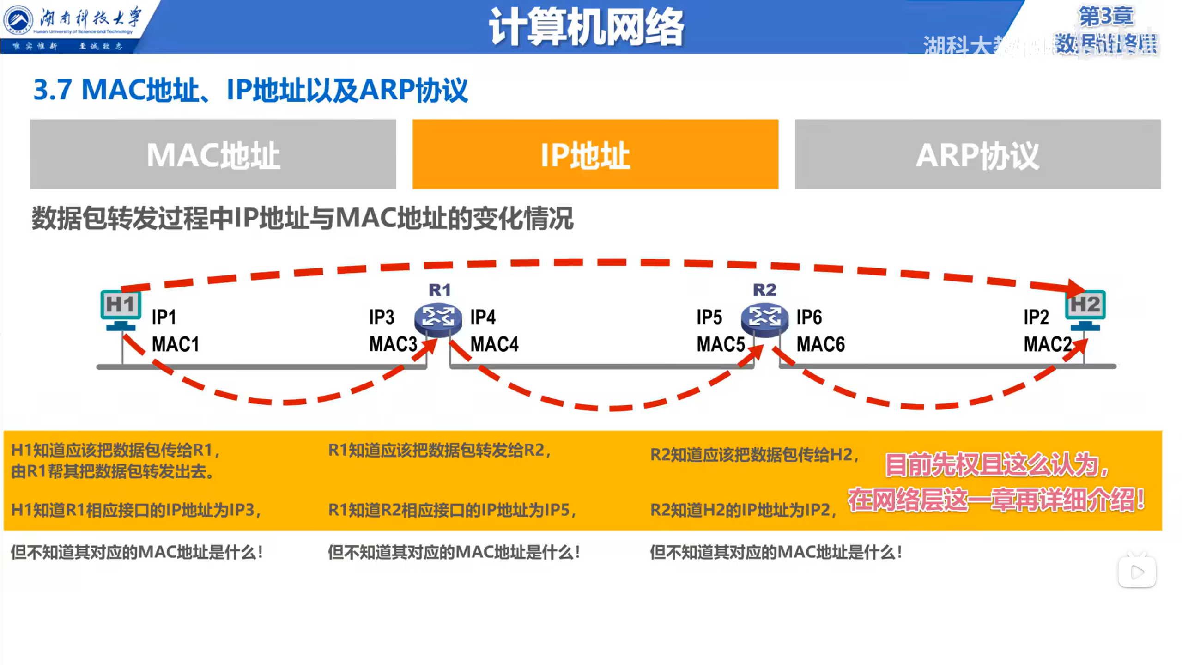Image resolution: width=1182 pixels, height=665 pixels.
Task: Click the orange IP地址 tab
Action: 595,154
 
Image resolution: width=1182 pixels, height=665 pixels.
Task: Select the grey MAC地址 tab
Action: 213,154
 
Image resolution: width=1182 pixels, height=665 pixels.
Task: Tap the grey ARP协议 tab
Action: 977,154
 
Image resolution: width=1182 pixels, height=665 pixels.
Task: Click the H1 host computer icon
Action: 121,310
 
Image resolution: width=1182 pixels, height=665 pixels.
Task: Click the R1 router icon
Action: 438,318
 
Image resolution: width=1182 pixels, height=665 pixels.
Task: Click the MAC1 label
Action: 176,344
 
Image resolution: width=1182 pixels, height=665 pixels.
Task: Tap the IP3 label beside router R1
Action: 382,317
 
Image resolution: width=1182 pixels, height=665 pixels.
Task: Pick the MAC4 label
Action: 494,344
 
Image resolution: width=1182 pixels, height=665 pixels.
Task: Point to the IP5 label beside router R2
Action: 709,317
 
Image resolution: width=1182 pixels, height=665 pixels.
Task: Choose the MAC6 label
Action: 821,344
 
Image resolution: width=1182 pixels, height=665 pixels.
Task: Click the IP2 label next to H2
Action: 1036,317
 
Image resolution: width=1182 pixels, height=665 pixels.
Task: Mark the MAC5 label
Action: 721,344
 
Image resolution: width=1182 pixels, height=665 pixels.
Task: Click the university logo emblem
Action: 18,20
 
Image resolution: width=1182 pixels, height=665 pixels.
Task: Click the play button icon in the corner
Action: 1137,572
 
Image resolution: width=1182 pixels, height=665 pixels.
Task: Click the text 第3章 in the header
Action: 1106,17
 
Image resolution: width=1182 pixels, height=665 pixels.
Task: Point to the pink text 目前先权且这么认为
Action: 996,464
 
